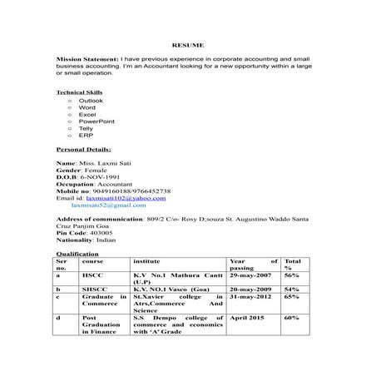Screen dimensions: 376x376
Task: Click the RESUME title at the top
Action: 187,43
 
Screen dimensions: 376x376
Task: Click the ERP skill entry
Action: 85,134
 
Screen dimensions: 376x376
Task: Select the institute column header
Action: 146,261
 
